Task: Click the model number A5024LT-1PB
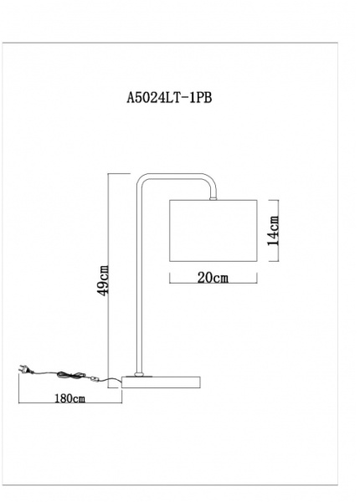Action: (x=169, y=98)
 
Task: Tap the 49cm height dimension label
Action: (x=104, y=280)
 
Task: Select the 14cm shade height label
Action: (x=273, y=231)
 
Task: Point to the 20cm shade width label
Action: (x=213, y=278)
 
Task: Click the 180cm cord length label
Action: (x=69, y=398)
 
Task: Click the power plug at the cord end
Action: (x=26, y=369)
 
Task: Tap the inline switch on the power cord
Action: (x=94, y=379)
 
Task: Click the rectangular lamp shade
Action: (x=213, y=231)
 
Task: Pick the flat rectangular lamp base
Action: (x=161, y=382)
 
